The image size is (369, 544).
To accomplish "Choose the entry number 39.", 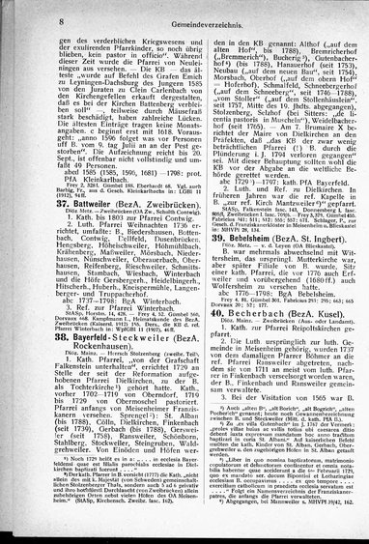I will pyautogui.click(x=208, y=261).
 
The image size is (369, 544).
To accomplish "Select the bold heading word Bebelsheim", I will pyautogui.click(x=248, y=261).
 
